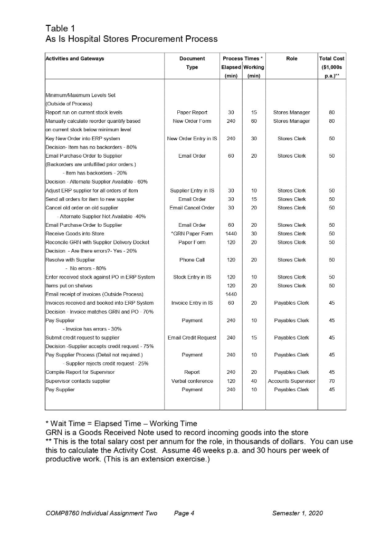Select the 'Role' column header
pyautogui.click(x=292, y=59)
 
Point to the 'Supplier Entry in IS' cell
pyautogui.click(x=192, y=190)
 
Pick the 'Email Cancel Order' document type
pyautogui.click(x=192, y=207)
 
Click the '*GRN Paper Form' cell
pyautogui.click(x=192, y=234)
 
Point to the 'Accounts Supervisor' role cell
pyautogui.click(x=292, y=381)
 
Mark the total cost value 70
pyautogui.click(x=332, y=381)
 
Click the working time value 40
pyautogui.click(x=254, y=381)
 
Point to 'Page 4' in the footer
pyautogui.click(x=184, y=513)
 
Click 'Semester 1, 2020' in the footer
pyautogui.click(x=297, y=513)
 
